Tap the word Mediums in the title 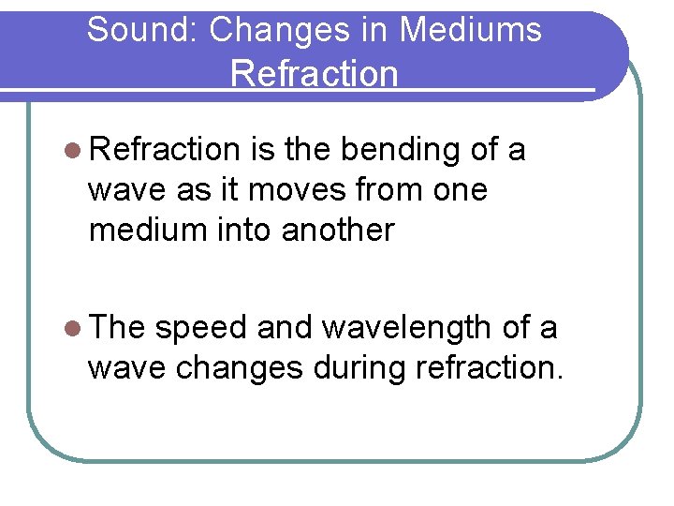point(470,30)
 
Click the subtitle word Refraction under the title point(314,73)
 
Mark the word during point(357,368)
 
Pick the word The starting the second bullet point(117,328)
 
